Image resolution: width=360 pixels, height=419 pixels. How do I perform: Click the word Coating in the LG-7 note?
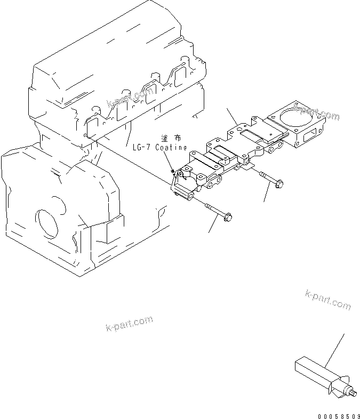[171, 147]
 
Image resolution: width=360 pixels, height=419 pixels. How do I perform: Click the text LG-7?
[143, 147]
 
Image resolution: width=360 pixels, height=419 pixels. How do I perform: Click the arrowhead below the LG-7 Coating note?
[172, 171]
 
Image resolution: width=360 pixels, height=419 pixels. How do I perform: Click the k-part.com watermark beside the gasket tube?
[328, 300]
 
